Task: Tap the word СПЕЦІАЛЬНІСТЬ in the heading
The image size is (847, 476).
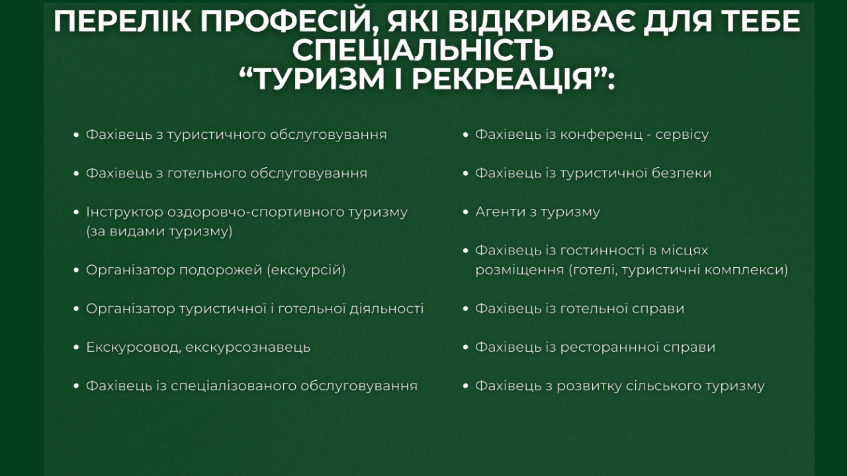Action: pos(423,50)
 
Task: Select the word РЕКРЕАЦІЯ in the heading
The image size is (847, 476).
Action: pos(502,79)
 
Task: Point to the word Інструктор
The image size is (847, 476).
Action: pos(124,212)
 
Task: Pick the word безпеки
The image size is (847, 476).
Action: pos(682,173)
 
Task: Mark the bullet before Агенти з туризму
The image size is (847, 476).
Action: pos(465,212)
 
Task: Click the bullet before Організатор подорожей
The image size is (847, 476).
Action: pos(76,270)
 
